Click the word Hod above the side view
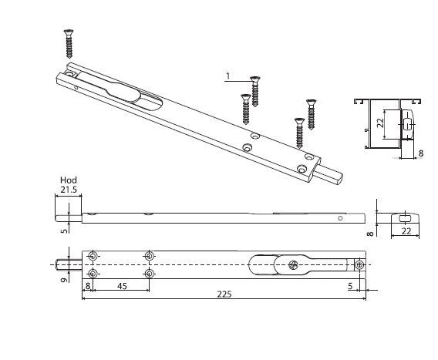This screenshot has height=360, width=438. [x=69, y=180]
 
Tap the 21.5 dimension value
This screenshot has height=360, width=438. [x=69, y=190]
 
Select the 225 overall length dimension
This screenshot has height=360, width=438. [x=224, y=294]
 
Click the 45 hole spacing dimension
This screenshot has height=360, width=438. [x=123, y=286]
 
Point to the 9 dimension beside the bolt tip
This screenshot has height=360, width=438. [x=64, y=279]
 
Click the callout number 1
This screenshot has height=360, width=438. [x=228, y=76]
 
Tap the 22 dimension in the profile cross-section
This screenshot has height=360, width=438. [x=381, y=123]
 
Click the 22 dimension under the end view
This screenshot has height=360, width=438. [x=406, y=231]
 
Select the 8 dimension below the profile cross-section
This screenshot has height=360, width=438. [x=421, y=153]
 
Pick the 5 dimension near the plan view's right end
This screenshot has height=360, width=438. [x=351, y=286]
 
